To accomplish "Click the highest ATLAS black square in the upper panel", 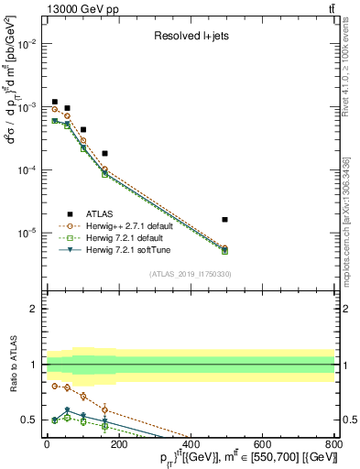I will click(55, 102).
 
